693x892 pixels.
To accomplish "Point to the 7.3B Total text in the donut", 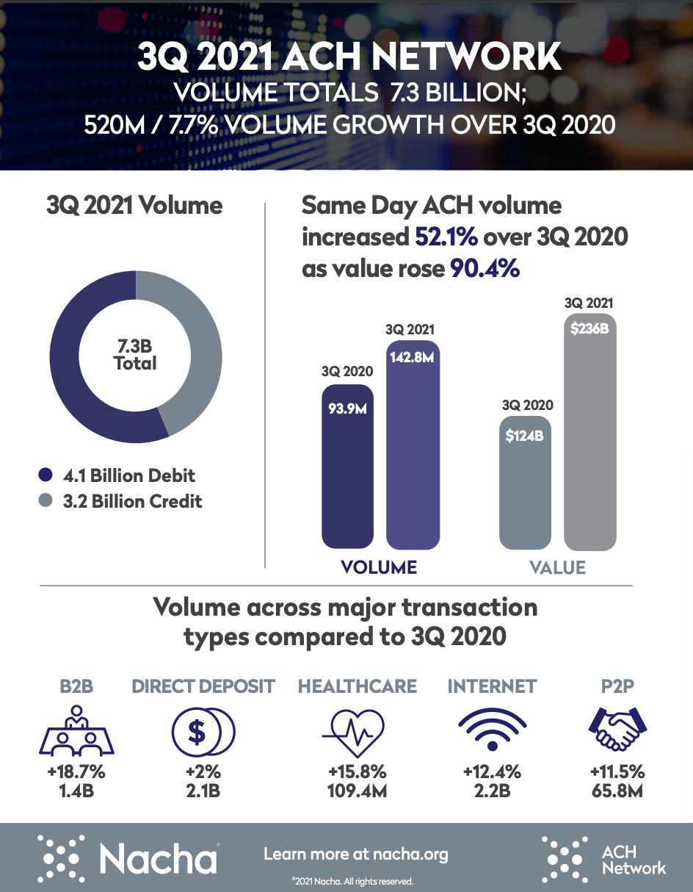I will click(x=135, y=354).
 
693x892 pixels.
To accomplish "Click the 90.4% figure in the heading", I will click(x=485, y=269).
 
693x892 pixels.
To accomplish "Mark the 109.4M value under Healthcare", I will click(x=357, y=792).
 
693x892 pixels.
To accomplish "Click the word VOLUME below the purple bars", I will click(x=380, y=567).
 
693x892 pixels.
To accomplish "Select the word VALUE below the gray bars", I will click(x=558, y=567).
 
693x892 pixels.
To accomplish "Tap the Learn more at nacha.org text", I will click(x=355, y=855).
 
